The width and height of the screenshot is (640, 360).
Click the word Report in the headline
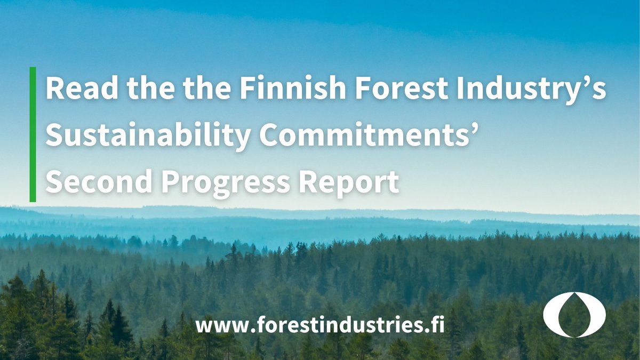tap(353, 183)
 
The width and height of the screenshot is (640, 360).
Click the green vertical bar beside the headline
tap(33, 134)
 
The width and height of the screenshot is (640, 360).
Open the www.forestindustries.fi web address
tap(320, 324)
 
